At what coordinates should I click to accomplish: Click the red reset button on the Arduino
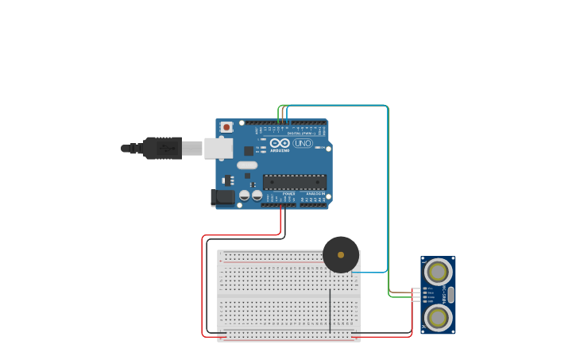[226, 126]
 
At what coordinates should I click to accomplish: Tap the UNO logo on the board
[303, 143]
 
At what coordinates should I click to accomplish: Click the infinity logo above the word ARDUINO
[280, 142]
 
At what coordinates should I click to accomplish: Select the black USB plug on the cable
[162, 148]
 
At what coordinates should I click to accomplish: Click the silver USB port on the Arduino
[218, 148]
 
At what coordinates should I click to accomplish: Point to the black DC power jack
[222, 197]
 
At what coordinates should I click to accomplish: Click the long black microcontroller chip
[294, 182]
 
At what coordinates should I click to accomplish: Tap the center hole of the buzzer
[341, 255]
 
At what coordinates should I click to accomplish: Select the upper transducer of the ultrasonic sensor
[437, 273]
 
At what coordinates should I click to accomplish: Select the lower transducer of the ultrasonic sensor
[437, 317]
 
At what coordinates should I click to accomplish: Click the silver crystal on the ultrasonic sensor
[450, 295]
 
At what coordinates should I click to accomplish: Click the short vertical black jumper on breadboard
[330, 310]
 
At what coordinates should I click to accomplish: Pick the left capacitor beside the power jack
[245, 195]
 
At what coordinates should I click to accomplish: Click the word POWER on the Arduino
[288, 193]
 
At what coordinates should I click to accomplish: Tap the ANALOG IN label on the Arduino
[315, 193]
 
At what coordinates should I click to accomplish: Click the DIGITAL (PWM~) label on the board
[299, 134]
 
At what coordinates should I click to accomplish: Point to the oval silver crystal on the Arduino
[247, 165]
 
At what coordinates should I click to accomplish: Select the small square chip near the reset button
[249, 150]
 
